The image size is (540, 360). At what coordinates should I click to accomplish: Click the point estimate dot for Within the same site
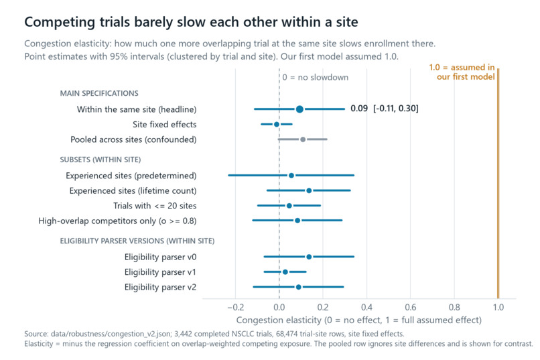(299, 109)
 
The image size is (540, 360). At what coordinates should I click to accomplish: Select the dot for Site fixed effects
(277, 125)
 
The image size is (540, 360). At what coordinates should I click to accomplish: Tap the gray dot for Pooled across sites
(303, 139)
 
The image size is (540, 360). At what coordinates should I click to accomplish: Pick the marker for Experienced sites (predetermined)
(291, 176)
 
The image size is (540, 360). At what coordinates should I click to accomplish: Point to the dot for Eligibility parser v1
(285, 272)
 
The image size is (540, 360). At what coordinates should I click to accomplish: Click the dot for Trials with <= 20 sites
(289, 206)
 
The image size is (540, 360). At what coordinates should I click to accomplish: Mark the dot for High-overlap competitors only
(297, 221)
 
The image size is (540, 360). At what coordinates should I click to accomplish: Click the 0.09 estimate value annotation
(359, 109)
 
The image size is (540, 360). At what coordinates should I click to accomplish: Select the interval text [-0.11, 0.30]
(396, 109)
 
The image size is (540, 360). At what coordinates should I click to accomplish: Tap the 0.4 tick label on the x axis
(366, 307)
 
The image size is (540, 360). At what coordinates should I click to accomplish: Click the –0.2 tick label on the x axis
(236, 307)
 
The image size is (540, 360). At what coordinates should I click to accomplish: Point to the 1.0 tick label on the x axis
(498, 307)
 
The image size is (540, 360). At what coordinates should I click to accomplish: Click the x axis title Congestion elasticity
(359, 320)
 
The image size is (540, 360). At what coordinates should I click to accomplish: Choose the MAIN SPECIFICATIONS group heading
(99, 93)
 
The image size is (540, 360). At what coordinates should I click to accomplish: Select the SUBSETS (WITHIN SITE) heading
(100, 160)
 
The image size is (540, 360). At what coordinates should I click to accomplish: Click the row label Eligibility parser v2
(161, 288)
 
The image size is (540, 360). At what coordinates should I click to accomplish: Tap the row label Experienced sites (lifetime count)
(133, 191)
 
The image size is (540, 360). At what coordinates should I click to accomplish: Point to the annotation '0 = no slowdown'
(315, 78)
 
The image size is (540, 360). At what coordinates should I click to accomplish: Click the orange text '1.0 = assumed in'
(462, 67)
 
